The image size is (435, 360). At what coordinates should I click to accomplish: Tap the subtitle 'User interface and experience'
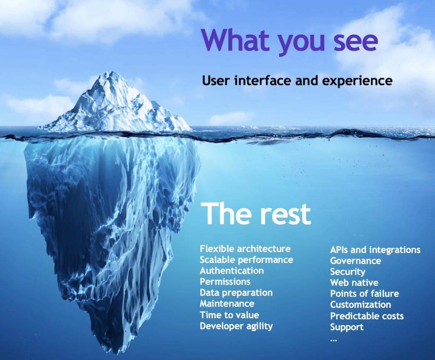click(297, 81)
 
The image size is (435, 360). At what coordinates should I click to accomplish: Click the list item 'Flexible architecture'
click(245, 248)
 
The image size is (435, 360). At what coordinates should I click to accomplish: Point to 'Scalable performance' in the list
click(246, 260)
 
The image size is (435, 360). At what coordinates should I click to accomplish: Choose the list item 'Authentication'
click(232, 271)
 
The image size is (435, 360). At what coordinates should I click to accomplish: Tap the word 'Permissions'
click(225, 282)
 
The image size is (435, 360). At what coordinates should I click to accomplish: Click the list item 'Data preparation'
click(236, 293)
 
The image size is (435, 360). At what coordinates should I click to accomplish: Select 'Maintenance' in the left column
click(227, 303)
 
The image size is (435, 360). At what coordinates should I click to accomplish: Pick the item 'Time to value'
click(229, 315)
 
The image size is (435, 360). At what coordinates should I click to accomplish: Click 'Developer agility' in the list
click(236, 326)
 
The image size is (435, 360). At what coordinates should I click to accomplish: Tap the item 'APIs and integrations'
click(375, 250)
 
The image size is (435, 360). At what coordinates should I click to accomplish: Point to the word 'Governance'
click(356, 261)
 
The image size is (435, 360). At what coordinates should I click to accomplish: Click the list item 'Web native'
click(354, 283)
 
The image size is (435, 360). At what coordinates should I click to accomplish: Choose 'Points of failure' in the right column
click(364, 294)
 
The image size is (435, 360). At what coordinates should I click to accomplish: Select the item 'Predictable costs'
click(367, 316)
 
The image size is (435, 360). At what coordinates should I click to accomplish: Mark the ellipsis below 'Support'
click(333, 340)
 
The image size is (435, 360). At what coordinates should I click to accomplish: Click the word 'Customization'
click(360, 305)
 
